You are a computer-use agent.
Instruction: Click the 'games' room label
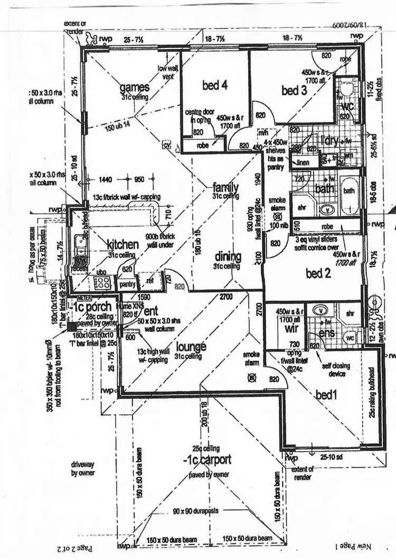pyautogui.click(x=135, y=87)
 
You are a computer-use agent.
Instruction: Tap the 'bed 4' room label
pyautogui.click(x=214, y=85)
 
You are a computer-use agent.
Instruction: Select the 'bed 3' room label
pyautogui.click(x=294, y=90)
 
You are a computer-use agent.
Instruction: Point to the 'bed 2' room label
pyautogui.click(x=322, y=273)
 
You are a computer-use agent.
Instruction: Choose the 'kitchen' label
pyautogui.click(x=123, y=245)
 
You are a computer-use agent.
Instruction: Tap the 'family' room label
pyautogui.click(x=225, y=187)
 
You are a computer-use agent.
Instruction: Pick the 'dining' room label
pyautogui.click(x=228, y=257)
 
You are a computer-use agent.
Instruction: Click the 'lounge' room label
pyautogui.click(x=191, y=347)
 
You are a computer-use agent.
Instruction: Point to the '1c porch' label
pyautogui.click(x=92, y=307)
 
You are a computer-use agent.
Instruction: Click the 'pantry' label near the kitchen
pyautogui.click(x=127, y=284)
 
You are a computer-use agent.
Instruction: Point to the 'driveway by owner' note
pyautogui.click(x=83, y=469)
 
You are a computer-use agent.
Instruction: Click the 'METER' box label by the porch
pyautogui.click(x=81, y=296)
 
